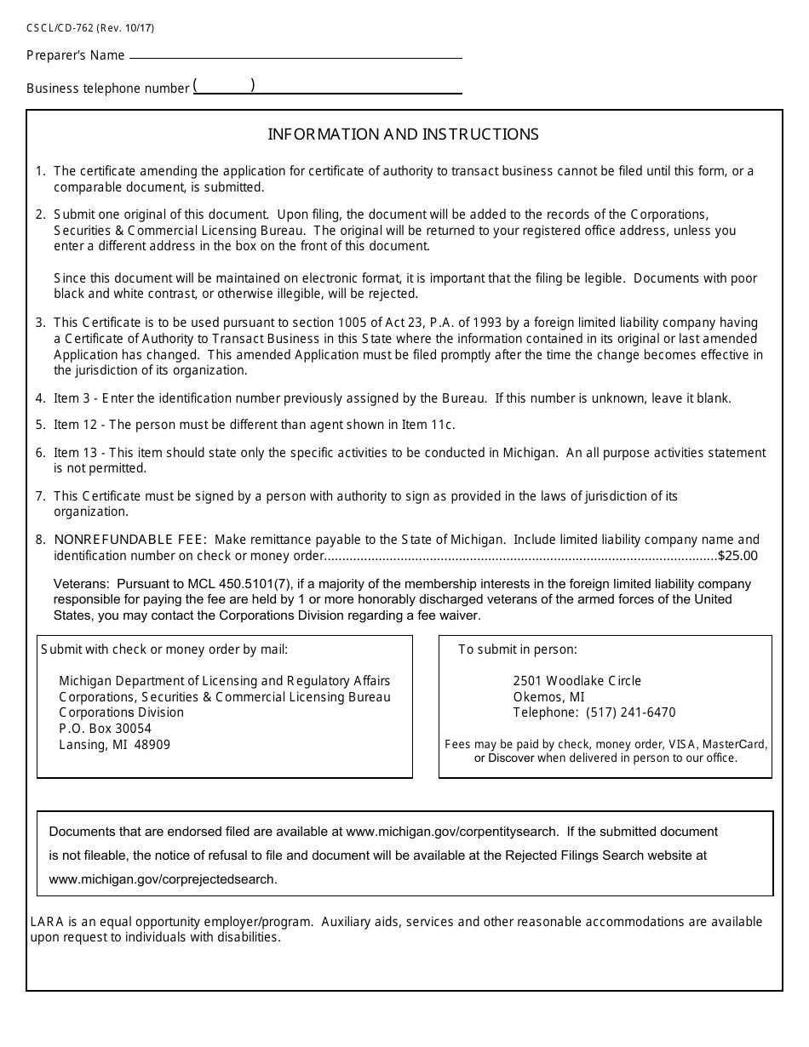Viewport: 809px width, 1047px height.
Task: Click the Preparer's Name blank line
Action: click(x=295, y=55)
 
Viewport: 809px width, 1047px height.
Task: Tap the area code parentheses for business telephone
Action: click(x=224, y=85)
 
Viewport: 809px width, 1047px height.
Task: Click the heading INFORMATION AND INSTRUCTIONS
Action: click(x=404, y=134)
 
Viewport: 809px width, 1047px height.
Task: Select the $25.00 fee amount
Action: click(x=737, y=556)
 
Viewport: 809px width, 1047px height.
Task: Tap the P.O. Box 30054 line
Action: click(x=105, y=729)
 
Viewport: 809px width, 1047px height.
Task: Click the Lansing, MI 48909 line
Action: click(x=114, y=745)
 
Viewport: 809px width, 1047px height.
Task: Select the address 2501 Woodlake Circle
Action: click(x=577, y=681)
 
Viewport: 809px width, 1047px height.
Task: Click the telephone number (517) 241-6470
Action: click(x=625, y=712)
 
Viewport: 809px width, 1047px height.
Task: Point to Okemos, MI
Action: click(x=548, y=697)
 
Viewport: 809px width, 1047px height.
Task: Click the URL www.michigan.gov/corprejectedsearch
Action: click(x=163, y=879)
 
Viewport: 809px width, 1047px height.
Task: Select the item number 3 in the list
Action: click(x=40, y=323)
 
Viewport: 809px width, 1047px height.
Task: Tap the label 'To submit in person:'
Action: click(x=518, y=649)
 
